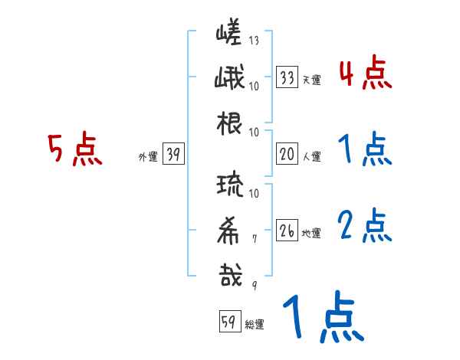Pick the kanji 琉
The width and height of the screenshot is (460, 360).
pos(230,185)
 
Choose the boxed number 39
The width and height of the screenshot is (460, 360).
pos(173,155)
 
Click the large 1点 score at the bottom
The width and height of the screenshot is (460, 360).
pos(322,319)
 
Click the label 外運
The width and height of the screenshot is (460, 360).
pos(147,157)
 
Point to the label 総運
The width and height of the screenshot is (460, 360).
pos(255,325)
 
